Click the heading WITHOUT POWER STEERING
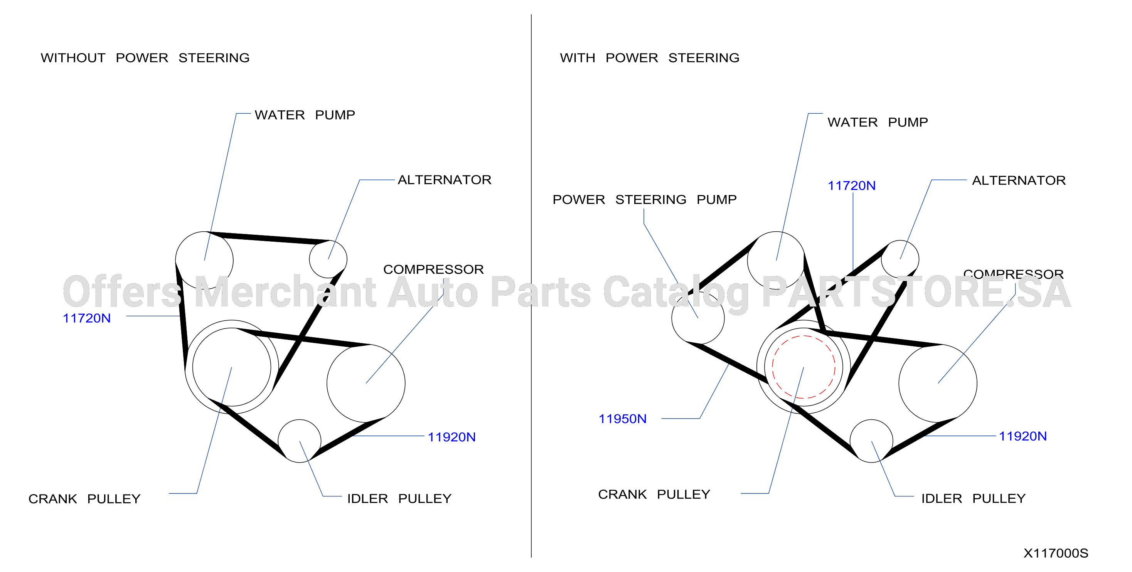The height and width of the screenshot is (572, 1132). tap(145, 57)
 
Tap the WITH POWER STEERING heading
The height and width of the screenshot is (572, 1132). tap(650, 57)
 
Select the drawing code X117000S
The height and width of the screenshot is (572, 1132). tap(1056, 553)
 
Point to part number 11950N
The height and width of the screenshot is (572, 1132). tap(622, 419)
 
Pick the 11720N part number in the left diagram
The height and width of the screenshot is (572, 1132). tap(87, 318)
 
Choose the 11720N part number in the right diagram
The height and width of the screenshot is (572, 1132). tap(851, 185)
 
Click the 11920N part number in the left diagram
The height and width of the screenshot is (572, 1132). tap(451, 437)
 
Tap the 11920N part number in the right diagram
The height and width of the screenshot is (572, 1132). tap(1023, 436)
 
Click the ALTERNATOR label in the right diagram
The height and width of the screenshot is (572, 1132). tap(1019, 180)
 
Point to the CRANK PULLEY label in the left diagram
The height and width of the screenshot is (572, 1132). tap(84, 499)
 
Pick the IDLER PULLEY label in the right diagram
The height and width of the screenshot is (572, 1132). tap(974, 498)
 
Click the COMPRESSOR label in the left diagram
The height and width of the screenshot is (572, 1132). tap(433, 269)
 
